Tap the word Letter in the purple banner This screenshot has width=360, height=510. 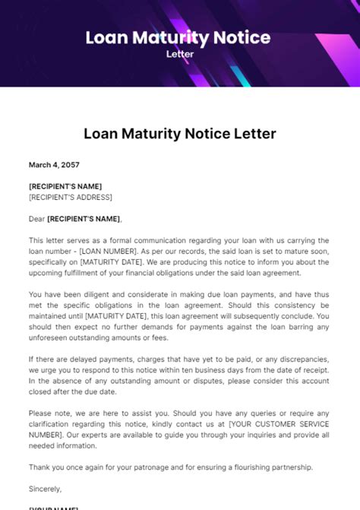180,54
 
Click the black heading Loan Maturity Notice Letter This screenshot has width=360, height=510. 179,134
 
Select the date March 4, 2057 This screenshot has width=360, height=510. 54,164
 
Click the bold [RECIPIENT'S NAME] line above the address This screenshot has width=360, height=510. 65,186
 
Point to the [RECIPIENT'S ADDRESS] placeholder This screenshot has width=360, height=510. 70,197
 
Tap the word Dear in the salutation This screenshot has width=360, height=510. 36,219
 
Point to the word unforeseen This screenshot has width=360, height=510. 52,337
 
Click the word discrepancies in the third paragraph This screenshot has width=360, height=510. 301,359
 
